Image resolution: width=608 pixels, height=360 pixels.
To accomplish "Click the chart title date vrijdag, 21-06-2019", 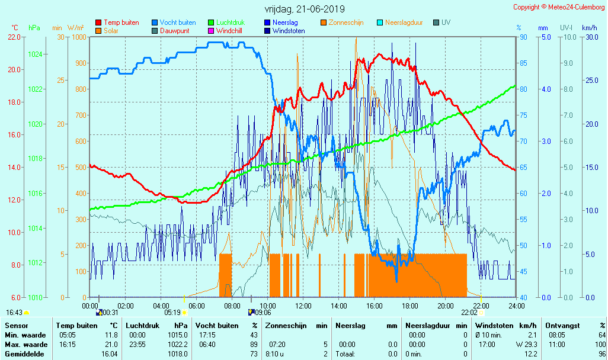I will coord(304,9).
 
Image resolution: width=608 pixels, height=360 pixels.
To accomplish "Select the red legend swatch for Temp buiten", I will coord(98,22).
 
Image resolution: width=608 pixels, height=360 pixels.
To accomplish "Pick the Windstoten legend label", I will coord(289,31).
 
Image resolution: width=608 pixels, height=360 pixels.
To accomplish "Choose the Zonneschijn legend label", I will coord(347,22).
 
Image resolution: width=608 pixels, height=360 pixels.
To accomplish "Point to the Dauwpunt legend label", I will coord(174,31).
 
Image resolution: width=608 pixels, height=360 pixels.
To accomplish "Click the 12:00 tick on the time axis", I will coord(303,306).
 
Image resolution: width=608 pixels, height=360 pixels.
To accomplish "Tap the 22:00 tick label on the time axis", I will coord(481,306).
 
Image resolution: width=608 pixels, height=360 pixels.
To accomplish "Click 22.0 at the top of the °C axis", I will coord(14,37).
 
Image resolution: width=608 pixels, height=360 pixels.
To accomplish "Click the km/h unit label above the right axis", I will coord(589,28).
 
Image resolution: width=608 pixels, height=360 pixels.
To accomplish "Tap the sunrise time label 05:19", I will coord(172,312).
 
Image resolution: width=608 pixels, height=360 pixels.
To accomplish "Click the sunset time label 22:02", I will coord(469,312).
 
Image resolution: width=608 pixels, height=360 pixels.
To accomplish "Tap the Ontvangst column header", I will coord(562,326).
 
